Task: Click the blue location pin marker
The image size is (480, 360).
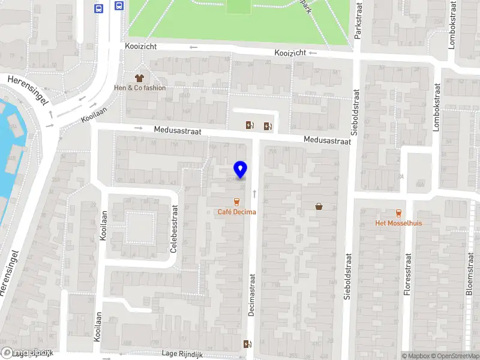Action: (241, 169)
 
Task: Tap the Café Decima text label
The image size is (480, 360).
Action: (236, 212)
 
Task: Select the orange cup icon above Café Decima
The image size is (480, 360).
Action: (236, 202)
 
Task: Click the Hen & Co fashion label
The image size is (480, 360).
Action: (140, 88)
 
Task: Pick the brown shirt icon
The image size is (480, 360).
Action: (140, 78)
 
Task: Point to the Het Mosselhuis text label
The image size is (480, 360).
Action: (398, 223)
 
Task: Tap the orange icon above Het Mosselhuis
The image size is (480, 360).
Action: (398, 213)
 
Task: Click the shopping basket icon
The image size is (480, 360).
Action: (319, 206)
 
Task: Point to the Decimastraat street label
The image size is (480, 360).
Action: (252, 295)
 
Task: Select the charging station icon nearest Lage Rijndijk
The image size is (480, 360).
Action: (247, 344)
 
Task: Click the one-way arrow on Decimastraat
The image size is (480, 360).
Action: (254, 193)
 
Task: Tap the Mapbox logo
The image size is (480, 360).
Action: (26, 352)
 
